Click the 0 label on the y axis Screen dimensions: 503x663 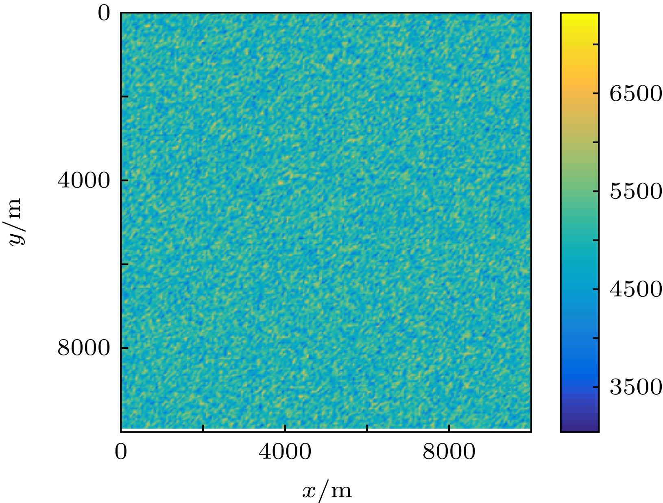(x=104, y=14)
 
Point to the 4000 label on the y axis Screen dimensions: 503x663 (x=83, y=180)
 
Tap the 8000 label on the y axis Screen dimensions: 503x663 (x=83, y=348)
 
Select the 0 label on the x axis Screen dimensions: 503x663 (x=121, y=452)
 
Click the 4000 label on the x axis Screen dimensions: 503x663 (x=285, y=452)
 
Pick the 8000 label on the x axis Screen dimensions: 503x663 (x=449, y=452)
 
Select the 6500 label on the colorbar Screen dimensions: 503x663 (x=635, y=94)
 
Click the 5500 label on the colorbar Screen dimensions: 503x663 (x=635, y=192)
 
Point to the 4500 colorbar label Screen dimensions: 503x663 (x=635, y=289)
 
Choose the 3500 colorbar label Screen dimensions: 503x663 (x=635, y=387)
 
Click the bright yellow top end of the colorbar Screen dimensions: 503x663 (x=580, y=16)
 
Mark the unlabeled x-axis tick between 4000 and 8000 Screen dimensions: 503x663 (x=367, y=428)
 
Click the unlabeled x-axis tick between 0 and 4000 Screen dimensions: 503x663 (x=203, y=428)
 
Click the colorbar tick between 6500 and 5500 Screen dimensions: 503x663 (x=596, y=142)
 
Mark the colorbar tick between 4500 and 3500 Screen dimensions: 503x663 (x=596, y=338)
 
